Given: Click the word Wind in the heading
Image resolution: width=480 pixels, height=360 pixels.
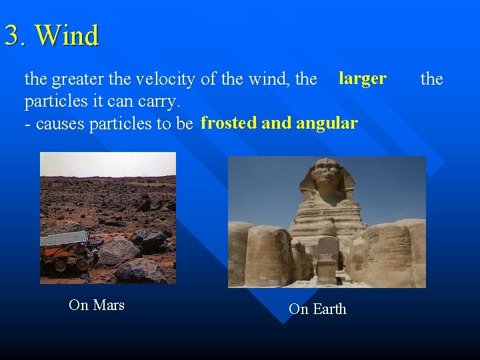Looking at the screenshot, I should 67,35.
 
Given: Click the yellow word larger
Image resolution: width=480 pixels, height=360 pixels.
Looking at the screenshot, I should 362,79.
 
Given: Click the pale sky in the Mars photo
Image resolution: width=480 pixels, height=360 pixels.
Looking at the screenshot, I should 107,163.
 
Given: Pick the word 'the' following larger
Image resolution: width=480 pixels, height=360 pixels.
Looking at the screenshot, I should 431,80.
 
